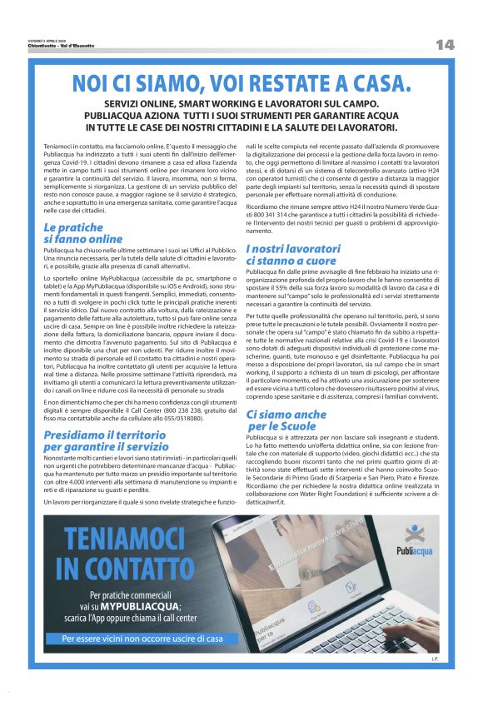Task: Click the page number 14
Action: pos(445,44)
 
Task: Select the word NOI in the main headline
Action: pos(92,84)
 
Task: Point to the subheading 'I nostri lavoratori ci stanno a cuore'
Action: pos(292,254)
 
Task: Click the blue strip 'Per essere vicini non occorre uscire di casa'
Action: pos(142,639)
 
